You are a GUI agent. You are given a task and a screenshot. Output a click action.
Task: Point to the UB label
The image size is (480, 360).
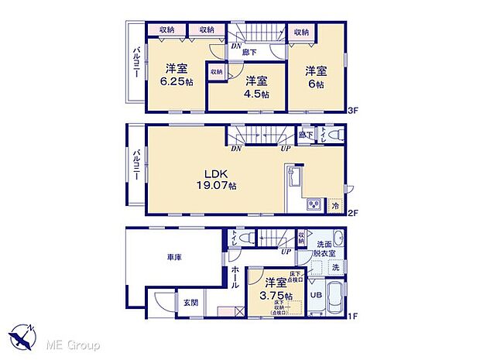[x=315, y=295]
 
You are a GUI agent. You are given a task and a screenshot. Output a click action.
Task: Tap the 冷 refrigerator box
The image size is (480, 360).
[x=335, y=205]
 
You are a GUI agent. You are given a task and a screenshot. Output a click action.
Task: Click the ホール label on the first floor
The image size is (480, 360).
[x=235, y=274]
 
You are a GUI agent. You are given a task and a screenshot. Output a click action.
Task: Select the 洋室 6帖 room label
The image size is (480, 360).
[x=316, y=74]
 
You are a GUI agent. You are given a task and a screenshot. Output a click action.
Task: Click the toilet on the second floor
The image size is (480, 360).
[x=334, y=135]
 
